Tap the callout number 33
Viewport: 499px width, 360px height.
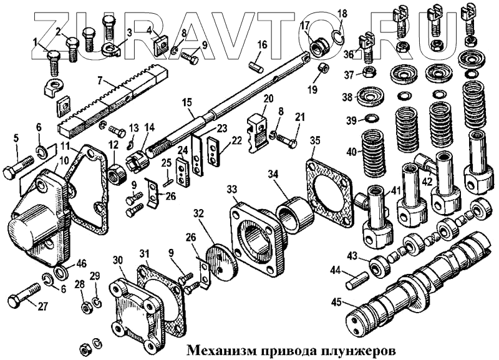point(233,189)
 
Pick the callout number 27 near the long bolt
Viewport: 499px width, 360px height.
point(43,306)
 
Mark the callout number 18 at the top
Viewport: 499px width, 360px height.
point(341,13)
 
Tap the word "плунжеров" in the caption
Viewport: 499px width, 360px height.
point(364,348)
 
